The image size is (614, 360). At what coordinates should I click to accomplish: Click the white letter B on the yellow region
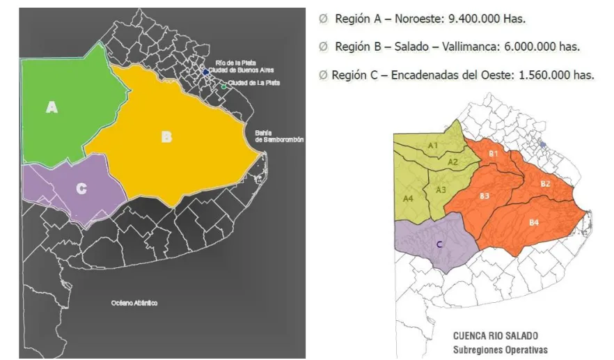(166, 137)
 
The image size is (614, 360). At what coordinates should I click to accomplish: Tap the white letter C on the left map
(81, 189)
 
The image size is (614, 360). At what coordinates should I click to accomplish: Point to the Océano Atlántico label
(134, 303)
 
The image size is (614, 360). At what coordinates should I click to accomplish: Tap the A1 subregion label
(433, 146)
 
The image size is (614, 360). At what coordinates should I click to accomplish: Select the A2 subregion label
(453, 162)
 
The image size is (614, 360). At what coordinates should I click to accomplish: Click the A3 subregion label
(441, 189)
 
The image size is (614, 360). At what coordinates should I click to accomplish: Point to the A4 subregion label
(410, 198)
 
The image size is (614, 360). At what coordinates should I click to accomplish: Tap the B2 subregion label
(546, 184)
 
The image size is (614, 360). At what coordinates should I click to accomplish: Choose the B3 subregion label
(485, 196)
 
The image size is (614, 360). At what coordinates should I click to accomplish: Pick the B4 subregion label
(534, 222)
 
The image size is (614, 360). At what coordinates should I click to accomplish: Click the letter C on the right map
(439, 244)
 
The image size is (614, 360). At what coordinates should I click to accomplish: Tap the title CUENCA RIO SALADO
(495, 335)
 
